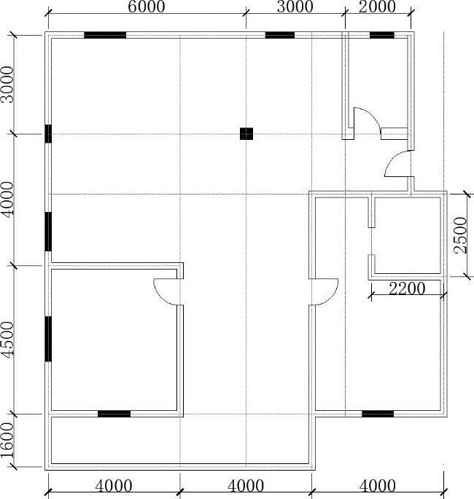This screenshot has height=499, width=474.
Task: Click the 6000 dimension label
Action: (x=147, y=7)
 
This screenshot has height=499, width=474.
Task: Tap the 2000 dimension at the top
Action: (x=377, y=7)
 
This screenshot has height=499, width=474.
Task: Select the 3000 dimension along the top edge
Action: (x=295, y=7)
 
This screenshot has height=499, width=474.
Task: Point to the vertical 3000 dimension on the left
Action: (x=7, y=85)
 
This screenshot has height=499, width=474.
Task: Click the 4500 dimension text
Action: (x=7, y=339)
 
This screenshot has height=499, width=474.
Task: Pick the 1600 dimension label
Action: (x=7, y=440)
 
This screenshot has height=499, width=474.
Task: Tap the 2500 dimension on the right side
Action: (x=461, y=235)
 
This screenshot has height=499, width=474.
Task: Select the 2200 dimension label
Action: (x=407, y=288)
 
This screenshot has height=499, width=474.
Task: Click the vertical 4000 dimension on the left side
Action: (x=7, y=200)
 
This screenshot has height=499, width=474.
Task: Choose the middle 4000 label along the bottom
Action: (x=246, y=486)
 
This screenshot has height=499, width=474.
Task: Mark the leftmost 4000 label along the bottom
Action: (x=114, y=486)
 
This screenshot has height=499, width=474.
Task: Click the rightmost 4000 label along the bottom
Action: (x=378, y=486)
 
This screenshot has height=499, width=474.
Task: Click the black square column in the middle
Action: (x=246, y=133)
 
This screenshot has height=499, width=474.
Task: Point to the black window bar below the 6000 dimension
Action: (x=105, y=35)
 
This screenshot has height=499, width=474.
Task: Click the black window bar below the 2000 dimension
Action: (x=382, y=35)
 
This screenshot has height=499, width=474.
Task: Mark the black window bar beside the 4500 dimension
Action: (x=48, y=339)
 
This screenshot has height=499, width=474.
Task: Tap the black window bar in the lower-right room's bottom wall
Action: (x=378, y=414)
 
